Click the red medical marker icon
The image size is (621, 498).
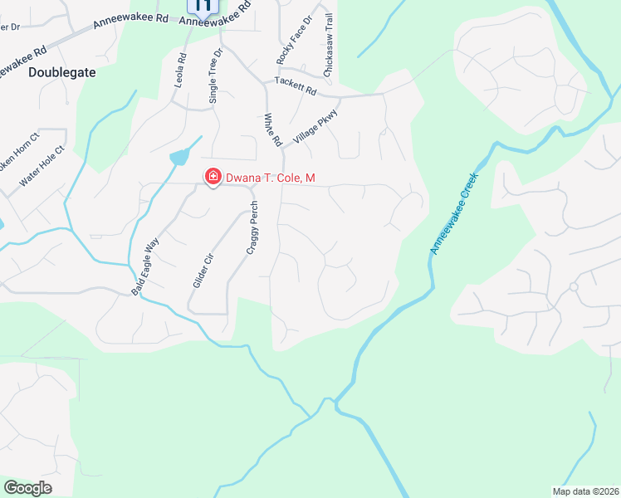(213, 177)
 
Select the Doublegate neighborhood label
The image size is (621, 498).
(62, 72)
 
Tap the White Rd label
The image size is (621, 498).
(271, 130)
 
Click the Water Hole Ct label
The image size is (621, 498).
(42, 166)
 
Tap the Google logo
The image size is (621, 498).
(27, 488)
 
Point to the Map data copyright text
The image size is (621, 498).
(585, 491)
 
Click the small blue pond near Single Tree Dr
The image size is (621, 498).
(179, 157)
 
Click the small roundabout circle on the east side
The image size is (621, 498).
(573, 287)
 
